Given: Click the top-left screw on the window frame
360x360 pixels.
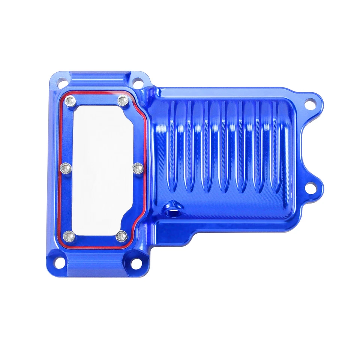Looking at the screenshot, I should (x=69, y=100).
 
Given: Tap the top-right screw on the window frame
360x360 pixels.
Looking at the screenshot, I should (x=122, y=100).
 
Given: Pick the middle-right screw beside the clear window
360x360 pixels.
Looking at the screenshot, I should (x=137, y=168).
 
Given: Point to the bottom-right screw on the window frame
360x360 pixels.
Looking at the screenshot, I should (x=121, y=236).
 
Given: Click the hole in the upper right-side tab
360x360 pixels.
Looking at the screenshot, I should (x=310, y=103).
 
